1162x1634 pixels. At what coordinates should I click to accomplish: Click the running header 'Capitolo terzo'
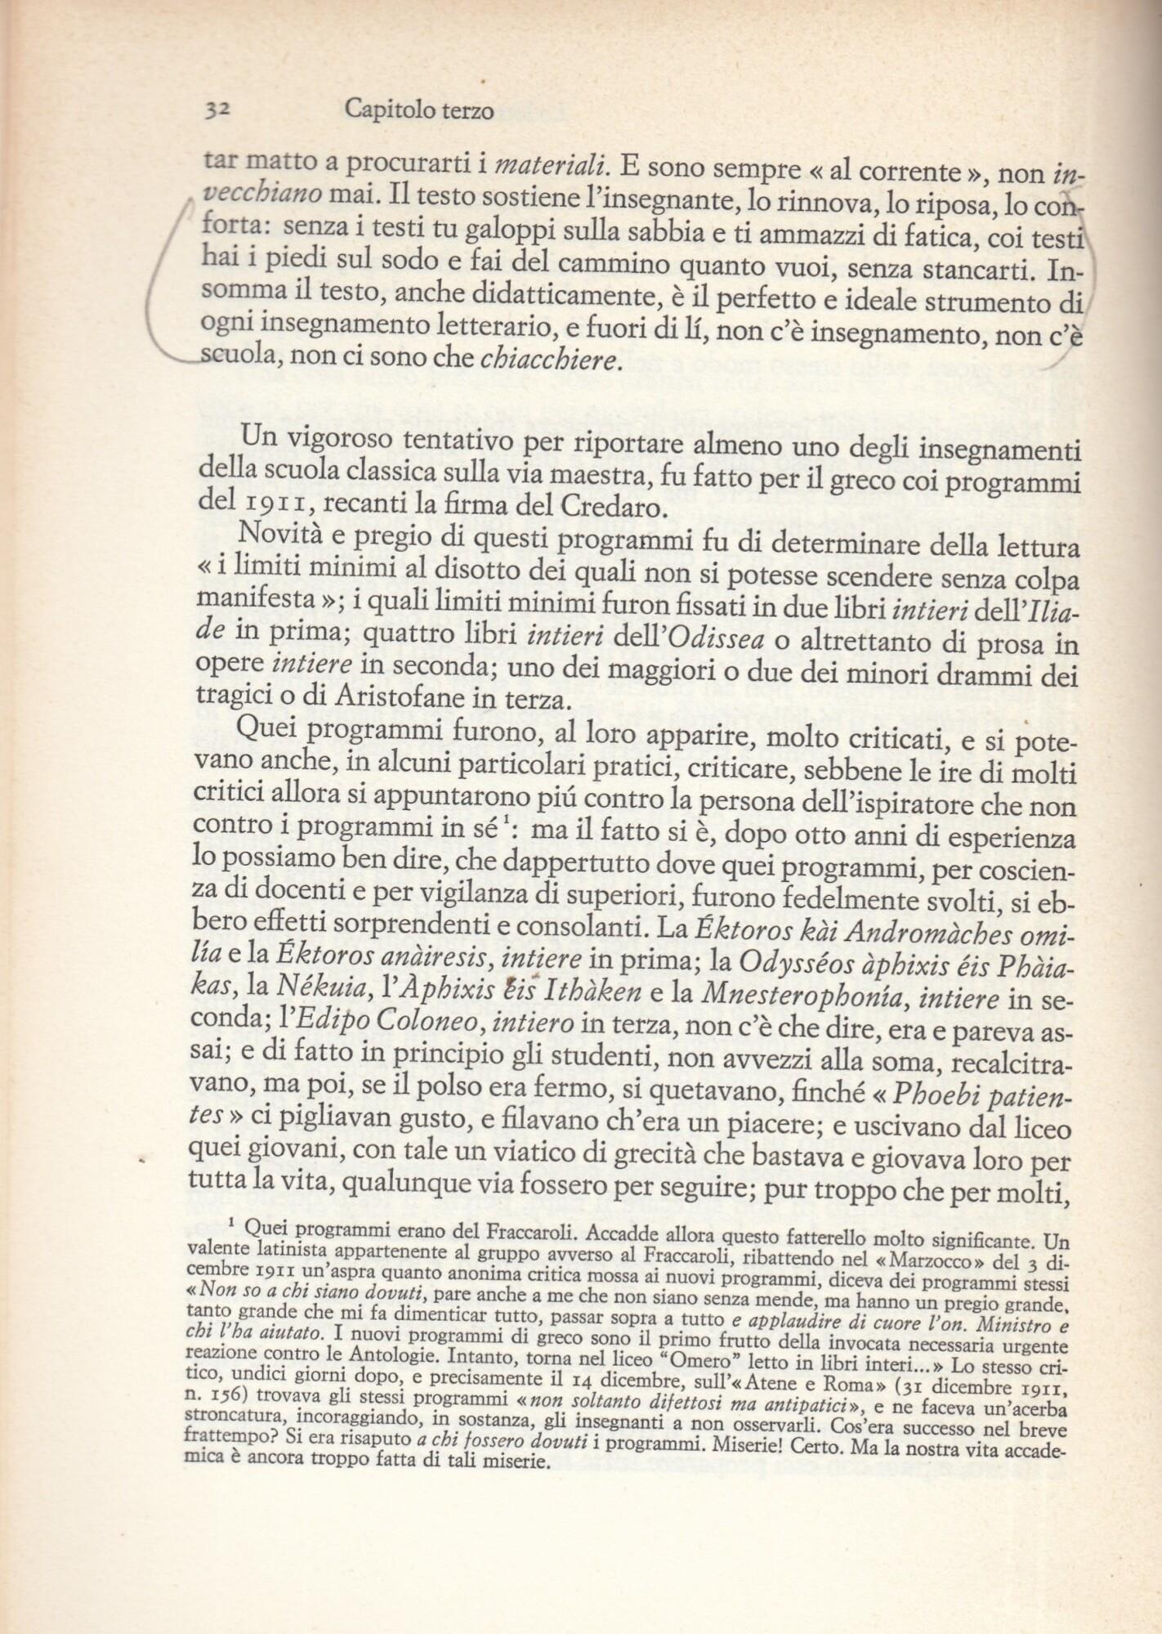(418, 109)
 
